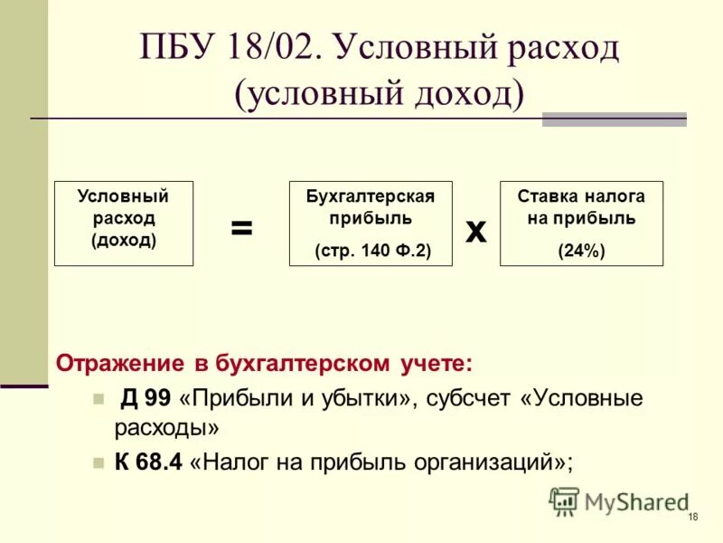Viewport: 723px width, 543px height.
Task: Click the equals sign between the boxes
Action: tap(241, 228)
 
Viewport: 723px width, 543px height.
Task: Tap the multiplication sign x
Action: tap(475, 232)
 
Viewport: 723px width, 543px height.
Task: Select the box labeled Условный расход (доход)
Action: tap(124, 223)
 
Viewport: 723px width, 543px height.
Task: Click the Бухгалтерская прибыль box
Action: tap(371, 223)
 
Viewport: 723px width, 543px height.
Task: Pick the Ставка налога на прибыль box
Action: tap(581, 223)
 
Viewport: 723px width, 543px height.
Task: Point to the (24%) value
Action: tap(581, 251)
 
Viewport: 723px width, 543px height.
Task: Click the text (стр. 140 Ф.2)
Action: tap(371, 251)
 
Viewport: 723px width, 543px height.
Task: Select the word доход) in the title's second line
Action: tap(471, 92)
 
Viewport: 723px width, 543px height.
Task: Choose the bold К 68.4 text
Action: tap(149, 461)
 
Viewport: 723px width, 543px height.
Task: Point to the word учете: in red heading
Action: tap(437, 363)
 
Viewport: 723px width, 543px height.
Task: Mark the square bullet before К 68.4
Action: tap(99, 462)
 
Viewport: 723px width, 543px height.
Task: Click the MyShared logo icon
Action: tap(564, 501)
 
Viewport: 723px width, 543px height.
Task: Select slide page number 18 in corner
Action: tap(692, 517)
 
